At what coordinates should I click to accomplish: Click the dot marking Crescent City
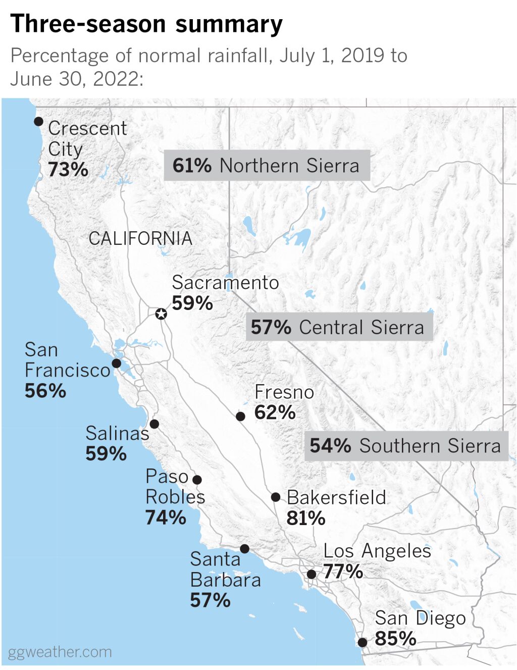pyautogui.click(x=38, y=121)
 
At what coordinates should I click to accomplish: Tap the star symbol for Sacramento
pyautogui.click(x=161, y=314)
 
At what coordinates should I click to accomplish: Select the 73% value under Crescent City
pyautogui.click(x=68, y=170)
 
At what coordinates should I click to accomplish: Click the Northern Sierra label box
pyautogui.click(x=267, y=166)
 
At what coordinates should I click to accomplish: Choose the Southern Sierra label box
pyautogui.click(x=406, y=446)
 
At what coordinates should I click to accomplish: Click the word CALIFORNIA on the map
pyautogui.click(x=140, y=238)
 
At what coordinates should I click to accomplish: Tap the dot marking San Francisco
pyautogui.click(x=117, y=363)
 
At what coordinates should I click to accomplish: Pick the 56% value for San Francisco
pyautogui.click(x=45, y=391)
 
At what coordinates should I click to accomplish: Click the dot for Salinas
pyautogui.click(x=154, y=424)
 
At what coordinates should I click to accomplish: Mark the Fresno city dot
pyautogui.click(x=241, y=416)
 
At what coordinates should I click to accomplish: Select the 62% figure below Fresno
pyautogui.click(x=275, y=413)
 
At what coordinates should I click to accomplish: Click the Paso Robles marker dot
pyautogui.click(x=197, y=479)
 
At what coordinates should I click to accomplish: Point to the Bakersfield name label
pyautogui.click(x=336, y=497)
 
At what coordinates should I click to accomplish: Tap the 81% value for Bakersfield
pyautogui.click(x=306, y=518)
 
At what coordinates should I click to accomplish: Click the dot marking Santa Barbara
pyautogui.click(x=245, y=548)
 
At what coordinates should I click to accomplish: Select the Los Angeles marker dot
pyautogui.click(x=312, y=574)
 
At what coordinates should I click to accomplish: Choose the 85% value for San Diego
pyautogui.click(x=395, y=639)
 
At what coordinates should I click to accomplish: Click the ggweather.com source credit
pyautogui.click(x=60, y=652)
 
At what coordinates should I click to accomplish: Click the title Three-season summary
pyautogui.click(x=146, y=24)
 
